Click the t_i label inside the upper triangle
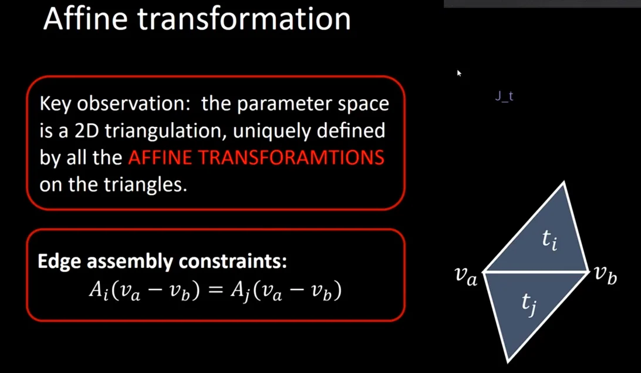(549, 240)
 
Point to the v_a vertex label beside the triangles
(466, 277)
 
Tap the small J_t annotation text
(504, 96)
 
